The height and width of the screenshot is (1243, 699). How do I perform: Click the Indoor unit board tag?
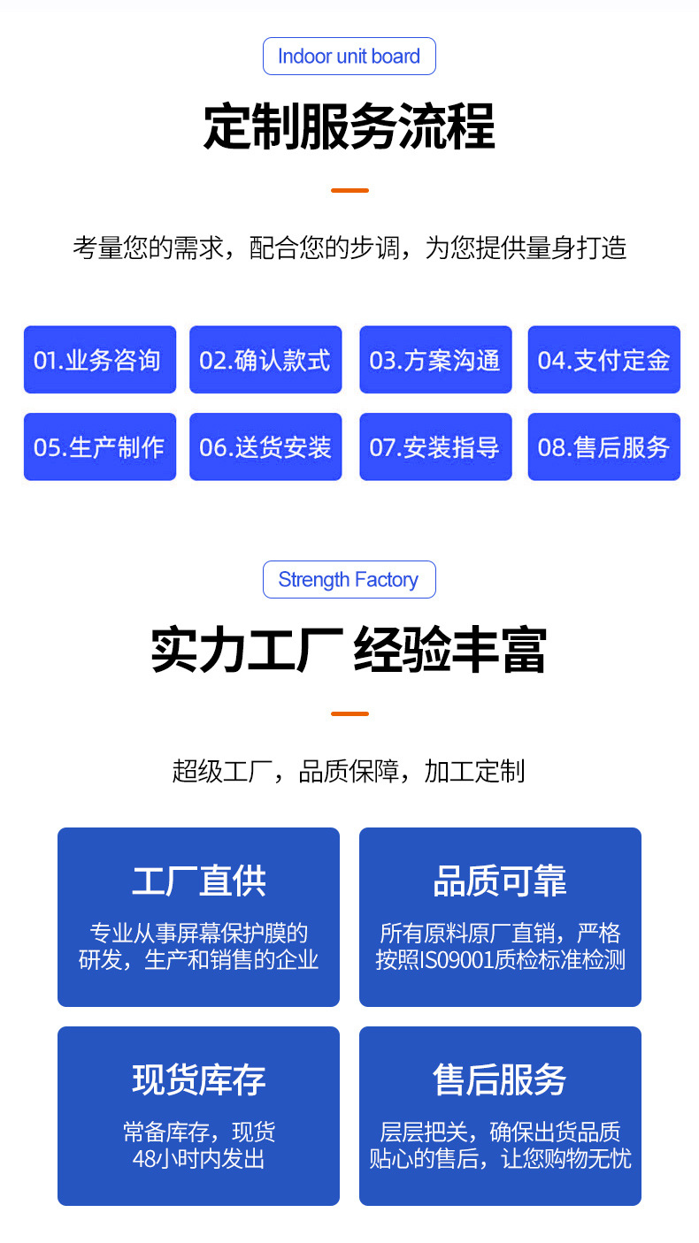(x=349, y=57)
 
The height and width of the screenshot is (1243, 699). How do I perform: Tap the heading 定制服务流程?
(x=349, y=127)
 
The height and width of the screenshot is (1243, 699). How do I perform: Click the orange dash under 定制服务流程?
(x=349, y=190)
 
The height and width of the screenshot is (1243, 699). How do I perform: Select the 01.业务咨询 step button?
(x=99, y=360)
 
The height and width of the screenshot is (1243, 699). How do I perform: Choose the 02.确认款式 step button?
(x=265, y=360)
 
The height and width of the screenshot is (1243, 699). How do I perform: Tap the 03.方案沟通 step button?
(x=435, y=360)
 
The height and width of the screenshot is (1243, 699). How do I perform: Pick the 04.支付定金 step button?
(x=603, y=360)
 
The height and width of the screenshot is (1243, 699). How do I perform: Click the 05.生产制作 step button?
(x=99, y=446)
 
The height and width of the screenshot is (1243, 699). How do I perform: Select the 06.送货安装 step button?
(x=265, y=446)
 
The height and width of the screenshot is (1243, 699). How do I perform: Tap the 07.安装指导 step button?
(x=435, y=446)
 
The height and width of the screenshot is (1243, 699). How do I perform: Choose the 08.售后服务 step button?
(x=603, y=446)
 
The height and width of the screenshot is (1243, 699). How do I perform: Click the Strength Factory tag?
(x=349, y=580)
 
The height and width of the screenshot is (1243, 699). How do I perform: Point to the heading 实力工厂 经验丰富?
(x=349, y=651)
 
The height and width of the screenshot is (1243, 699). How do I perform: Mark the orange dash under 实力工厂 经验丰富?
(x=349, y=713)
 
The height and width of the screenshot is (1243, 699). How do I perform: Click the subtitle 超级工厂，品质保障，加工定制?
(x=349, y=771)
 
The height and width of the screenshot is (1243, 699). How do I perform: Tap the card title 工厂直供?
(x=198, y=881)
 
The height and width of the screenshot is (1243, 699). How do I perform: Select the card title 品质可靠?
(x=500, y=881)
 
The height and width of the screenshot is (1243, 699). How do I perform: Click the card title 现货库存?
(x=198, y=1079)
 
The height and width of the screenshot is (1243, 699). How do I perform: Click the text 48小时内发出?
(x=198, y=1158)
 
